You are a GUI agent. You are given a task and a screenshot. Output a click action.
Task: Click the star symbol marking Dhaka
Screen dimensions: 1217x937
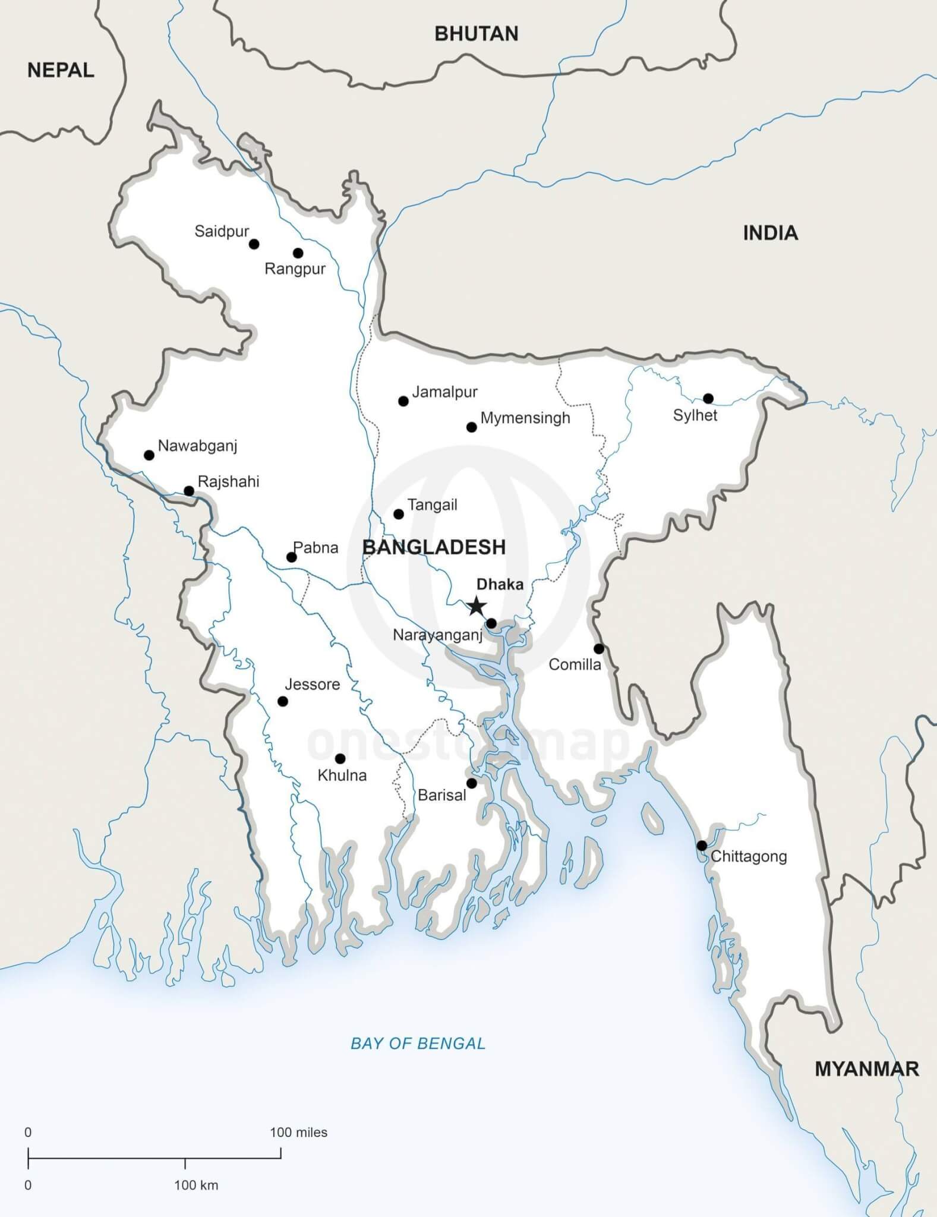pyautogui.click(x=476, y=606)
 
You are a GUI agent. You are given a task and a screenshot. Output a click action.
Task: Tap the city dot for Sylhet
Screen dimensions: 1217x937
pyautogui.click(x=708, y=398)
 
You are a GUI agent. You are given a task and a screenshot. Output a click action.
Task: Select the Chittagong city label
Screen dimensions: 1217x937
pyautogui.click(x=749, y=856)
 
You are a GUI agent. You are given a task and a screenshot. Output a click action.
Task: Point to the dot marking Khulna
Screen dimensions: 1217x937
pyautogui.click(x=340, y=759)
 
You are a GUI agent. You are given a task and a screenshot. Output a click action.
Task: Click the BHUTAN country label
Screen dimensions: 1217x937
pyautogui.click(x=476, y=34)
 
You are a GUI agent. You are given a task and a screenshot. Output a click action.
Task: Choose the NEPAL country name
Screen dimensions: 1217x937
pyautogui.click(x=61, y=70)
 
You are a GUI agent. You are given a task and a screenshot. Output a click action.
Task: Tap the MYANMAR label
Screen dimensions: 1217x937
pyautogui.click(x=866, y=1069)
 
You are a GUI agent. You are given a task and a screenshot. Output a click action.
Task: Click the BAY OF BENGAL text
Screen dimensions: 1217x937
pyautogui.click(x=418, y=1043)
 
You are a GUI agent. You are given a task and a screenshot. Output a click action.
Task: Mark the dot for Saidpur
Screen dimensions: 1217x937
pyautogui.click(x=254, y=244)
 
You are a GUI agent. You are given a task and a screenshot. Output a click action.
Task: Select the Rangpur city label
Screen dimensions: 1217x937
pyautogui.click(x=295, y=269)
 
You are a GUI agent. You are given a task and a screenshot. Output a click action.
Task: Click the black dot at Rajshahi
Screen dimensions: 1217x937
pyautogui.click(x=189, y=491)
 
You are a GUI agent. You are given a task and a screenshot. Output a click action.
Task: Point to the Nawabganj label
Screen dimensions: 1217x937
pyautogui.click(x=197, y=446)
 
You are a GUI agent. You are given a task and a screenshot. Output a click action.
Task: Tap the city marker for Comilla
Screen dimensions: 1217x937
pyautogui.click(x=599, y=648)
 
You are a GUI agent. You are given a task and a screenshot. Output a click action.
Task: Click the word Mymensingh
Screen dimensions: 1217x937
pyautogui.click(x=525, y=418)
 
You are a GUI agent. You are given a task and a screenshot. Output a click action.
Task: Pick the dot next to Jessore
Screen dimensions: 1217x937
pyautogui.click(x=283, y=701)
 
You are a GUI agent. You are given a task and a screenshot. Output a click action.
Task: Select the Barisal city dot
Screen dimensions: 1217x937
pyautogui.click(x=471, y=783)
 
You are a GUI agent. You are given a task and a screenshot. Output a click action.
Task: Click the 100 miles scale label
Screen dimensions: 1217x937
pyautogui.click(x=298, y=1133)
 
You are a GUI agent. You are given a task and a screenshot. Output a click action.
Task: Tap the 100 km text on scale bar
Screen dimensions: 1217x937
pyautogui.click(x=196, y=1186)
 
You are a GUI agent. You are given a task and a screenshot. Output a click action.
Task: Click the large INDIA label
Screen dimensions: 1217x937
pyautogui.click(x=770, y=233)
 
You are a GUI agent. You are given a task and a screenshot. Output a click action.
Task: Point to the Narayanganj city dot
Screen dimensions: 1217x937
pyautogui.click(x=491, y=623)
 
